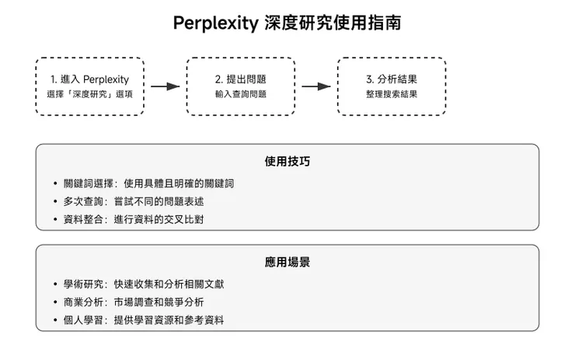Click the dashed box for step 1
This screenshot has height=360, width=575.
pos(89,86)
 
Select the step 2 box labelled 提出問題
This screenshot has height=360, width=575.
pos(240,86)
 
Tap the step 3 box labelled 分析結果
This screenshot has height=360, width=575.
pos(391,86)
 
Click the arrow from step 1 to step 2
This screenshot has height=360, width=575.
pos(165,86)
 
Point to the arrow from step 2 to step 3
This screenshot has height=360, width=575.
pos(315,86)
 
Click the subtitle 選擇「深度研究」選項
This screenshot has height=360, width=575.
pos(89,94)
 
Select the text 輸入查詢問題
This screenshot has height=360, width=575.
pos(240,94)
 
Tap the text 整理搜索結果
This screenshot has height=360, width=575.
pos(392,94)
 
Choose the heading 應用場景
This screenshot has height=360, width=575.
pos(287,263)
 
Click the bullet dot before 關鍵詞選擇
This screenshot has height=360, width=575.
pos(55,184)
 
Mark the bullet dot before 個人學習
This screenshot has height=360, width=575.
pos(55,320)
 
